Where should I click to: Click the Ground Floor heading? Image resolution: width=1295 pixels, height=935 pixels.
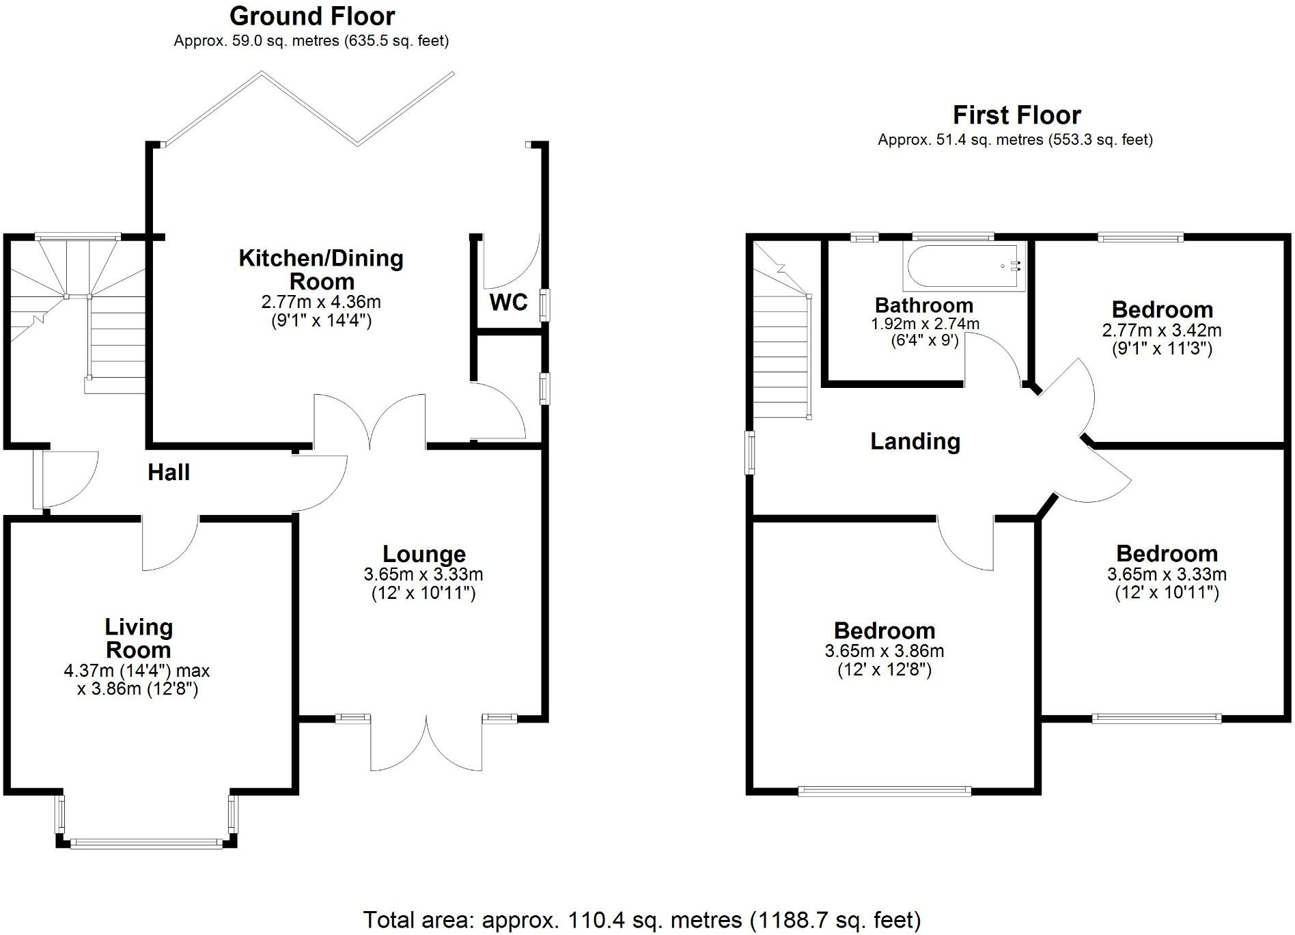point(312,16)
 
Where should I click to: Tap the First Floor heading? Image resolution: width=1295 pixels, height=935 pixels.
point(1016,115)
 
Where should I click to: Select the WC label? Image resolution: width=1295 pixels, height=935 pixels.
point(509,302)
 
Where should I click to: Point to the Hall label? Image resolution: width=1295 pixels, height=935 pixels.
point(169,472)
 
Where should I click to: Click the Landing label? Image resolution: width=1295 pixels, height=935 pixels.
point(915,441)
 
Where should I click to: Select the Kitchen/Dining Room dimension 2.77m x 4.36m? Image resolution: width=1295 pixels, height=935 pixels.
point(321,302)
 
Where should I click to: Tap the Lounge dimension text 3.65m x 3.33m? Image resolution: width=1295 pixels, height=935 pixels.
point(423,574)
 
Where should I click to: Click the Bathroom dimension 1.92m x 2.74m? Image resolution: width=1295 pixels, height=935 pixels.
point(925,324)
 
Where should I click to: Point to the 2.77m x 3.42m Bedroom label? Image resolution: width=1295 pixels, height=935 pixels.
point(1162,309)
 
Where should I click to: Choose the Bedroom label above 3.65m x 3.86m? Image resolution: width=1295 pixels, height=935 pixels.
point(884,630)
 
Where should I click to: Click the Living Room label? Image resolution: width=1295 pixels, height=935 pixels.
point(138,638)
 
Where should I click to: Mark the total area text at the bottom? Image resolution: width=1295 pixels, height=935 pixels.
point(641,920)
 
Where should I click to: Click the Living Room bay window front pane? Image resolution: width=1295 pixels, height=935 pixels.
point(146,843)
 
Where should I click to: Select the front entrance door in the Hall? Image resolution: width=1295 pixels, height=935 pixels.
point(38,478)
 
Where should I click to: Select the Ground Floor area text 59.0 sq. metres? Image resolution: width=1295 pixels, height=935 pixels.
point(311,41)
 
